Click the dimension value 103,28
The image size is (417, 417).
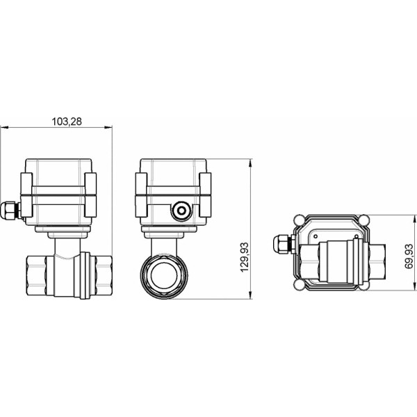pyautogui.click(x=67, y=121)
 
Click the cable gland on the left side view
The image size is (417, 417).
pyautogui.click(x=10, y=210)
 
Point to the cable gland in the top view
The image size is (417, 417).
pyautogui.click(x=283, y=245)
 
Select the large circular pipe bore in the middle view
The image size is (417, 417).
pyautogui.click(x=165, y=273)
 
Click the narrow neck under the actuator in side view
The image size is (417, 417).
pyautogui.click(x=65, y=243)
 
